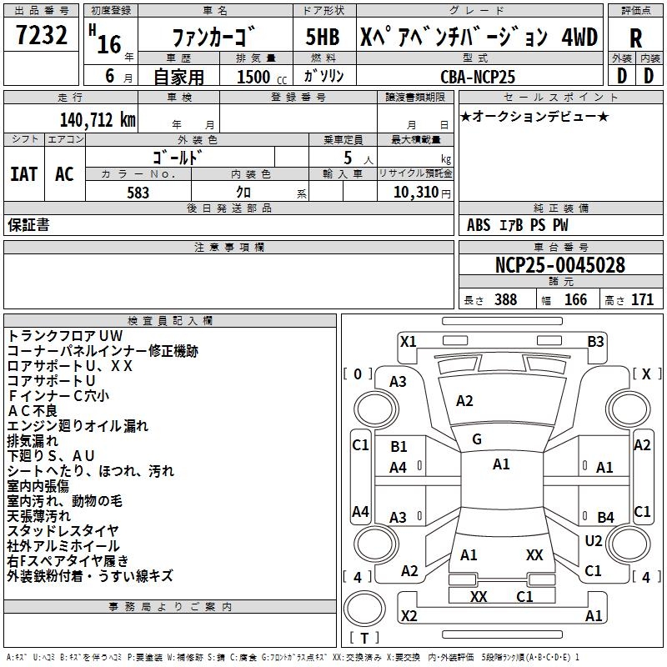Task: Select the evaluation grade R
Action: point(635,38)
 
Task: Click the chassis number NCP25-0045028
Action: point(559,265)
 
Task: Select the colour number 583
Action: point(138,193)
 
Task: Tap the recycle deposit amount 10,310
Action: point(414,193)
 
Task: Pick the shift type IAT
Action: point(23,174)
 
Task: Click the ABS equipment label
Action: point(479,225)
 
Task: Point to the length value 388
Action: point(504,300)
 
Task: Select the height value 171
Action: point(642,300)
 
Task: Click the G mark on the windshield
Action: point(477,439)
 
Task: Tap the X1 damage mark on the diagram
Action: point(408,341)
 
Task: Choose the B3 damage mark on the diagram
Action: point(595,341)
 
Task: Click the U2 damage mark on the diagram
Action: point(594,541)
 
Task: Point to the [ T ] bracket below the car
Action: point(364,639)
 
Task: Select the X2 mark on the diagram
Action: point(409,616)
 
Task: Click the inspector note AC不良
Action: point(33,411)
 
